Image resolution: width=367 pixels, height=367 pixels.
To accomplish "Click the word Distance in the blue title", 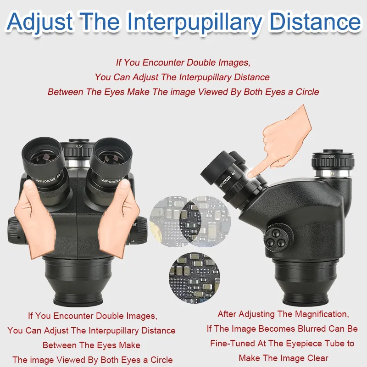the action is tap(316, 22).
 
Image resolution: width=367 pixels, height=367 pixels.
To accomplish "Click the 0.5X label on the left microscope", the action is tap(79, 146).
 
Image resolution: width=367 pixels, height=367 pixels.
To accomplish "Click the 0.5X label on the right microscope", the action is tap(332, 156).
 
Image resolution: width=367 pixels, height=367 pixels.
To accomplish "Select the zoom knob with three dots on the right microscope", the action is tap(278, 238).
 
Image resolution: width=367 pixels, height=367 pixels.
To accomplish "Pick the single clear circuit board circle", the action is tap(194, 278).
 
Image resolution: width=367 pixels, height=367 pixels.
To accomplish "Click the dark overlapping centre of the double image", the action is tap(190, 222).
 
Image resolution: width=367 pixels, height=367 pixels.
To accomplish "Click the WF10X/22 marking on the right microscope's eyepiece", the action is tap(225, 181).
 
